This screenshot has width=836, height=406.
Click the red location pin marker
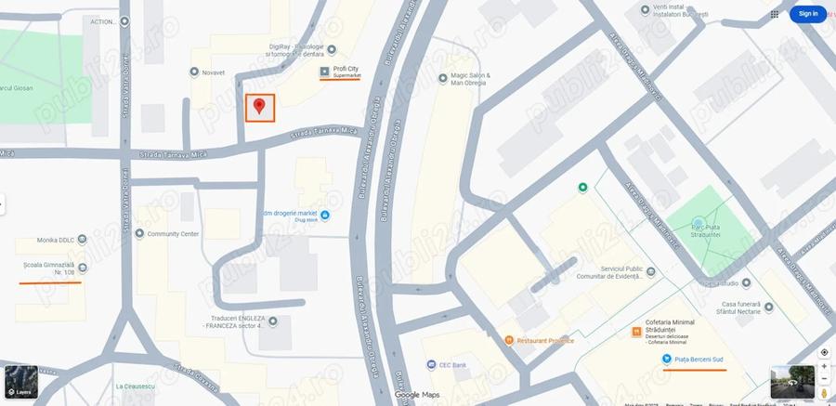click(x=260, y=106)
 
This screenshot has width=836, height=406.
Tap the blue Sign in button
click(x=807, y=14)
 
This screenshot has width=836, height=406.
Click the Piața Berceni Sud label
click(x=699, y=360)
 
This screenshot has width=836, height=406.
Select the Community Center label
click(x=173, y=234)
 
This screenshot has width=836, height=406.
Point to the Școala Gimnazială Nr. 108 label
click(x=49, y=268)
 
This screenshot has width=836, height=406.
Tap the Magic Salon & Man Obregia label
click(x=471, y=79)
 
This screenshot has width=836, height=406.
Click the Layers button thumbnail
click(x=21, y=382)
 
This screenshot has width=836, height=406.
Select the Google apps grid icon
click(x=775, y=14)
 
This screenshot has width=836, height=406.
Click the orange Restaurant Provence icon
click(x=509, y=341)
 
